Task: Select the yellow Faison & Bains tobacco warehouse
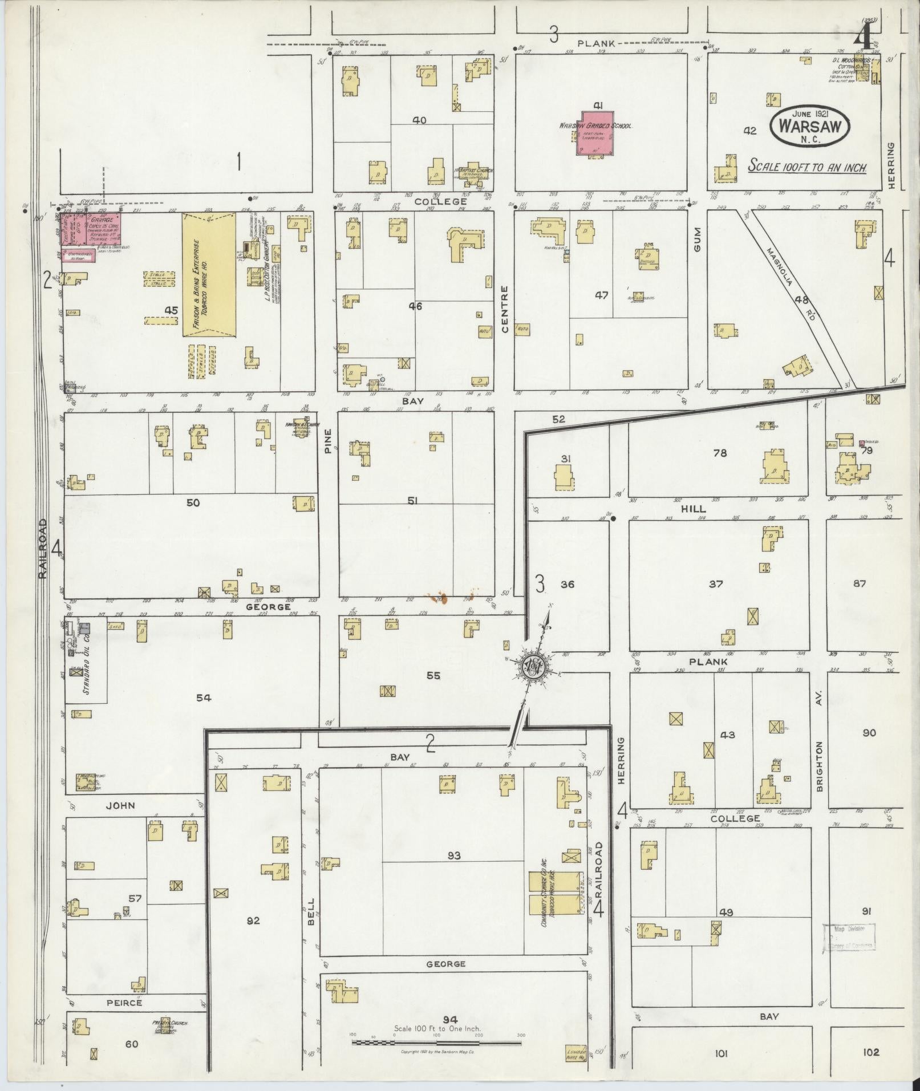[209, 274]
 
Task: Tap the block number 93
[454, 855]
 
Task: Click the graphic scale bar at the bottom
[436, 1043]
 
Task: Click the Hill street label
[692, 509]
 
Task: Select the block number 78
[720, 453]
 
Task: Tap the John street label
[121, 805]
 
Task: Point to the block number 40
[419, 120]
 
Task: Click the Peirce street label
[123, 1002]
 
